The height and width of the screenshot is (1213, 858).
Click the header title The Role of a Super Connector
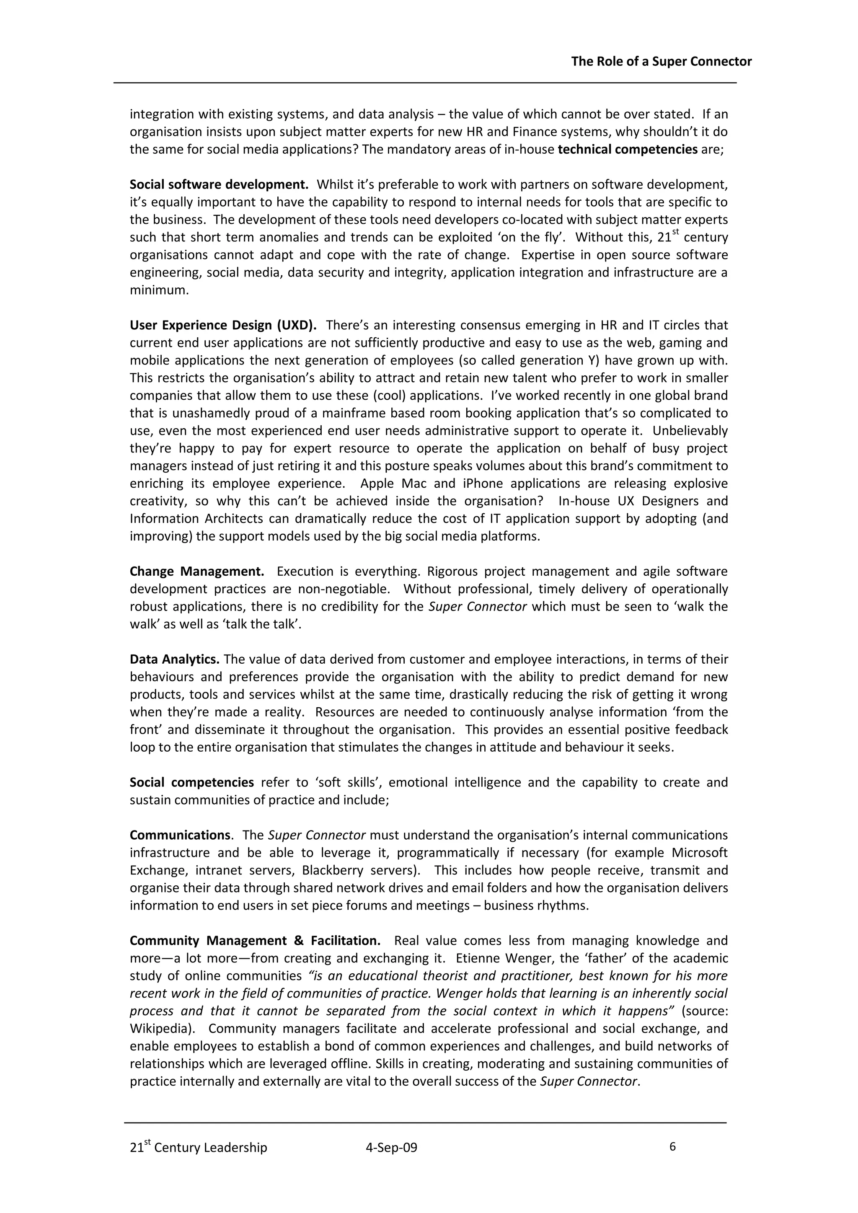(661, 62)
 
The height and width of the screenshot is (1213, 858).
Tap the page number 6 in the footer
(672, 1146)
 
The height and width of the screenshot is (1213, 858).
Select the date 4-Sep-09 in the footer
(391, 1148)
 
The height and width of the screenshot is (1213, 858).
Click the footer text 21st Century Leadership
(199, 1148)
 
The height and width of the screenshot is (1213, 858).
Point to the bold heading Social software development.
(219, 184)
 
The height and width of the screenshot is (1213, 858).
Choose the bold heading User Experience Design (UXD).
(223, 325)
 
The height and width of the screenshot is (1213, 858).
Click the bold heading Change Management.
(197, 571)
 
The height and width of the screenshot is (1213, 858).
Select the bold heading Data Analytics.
(174, 660)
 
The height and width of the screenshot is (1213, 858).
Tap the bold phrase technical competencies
(628, 150)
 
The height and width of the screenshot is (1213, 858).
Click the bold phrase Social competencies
(192, 782)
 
